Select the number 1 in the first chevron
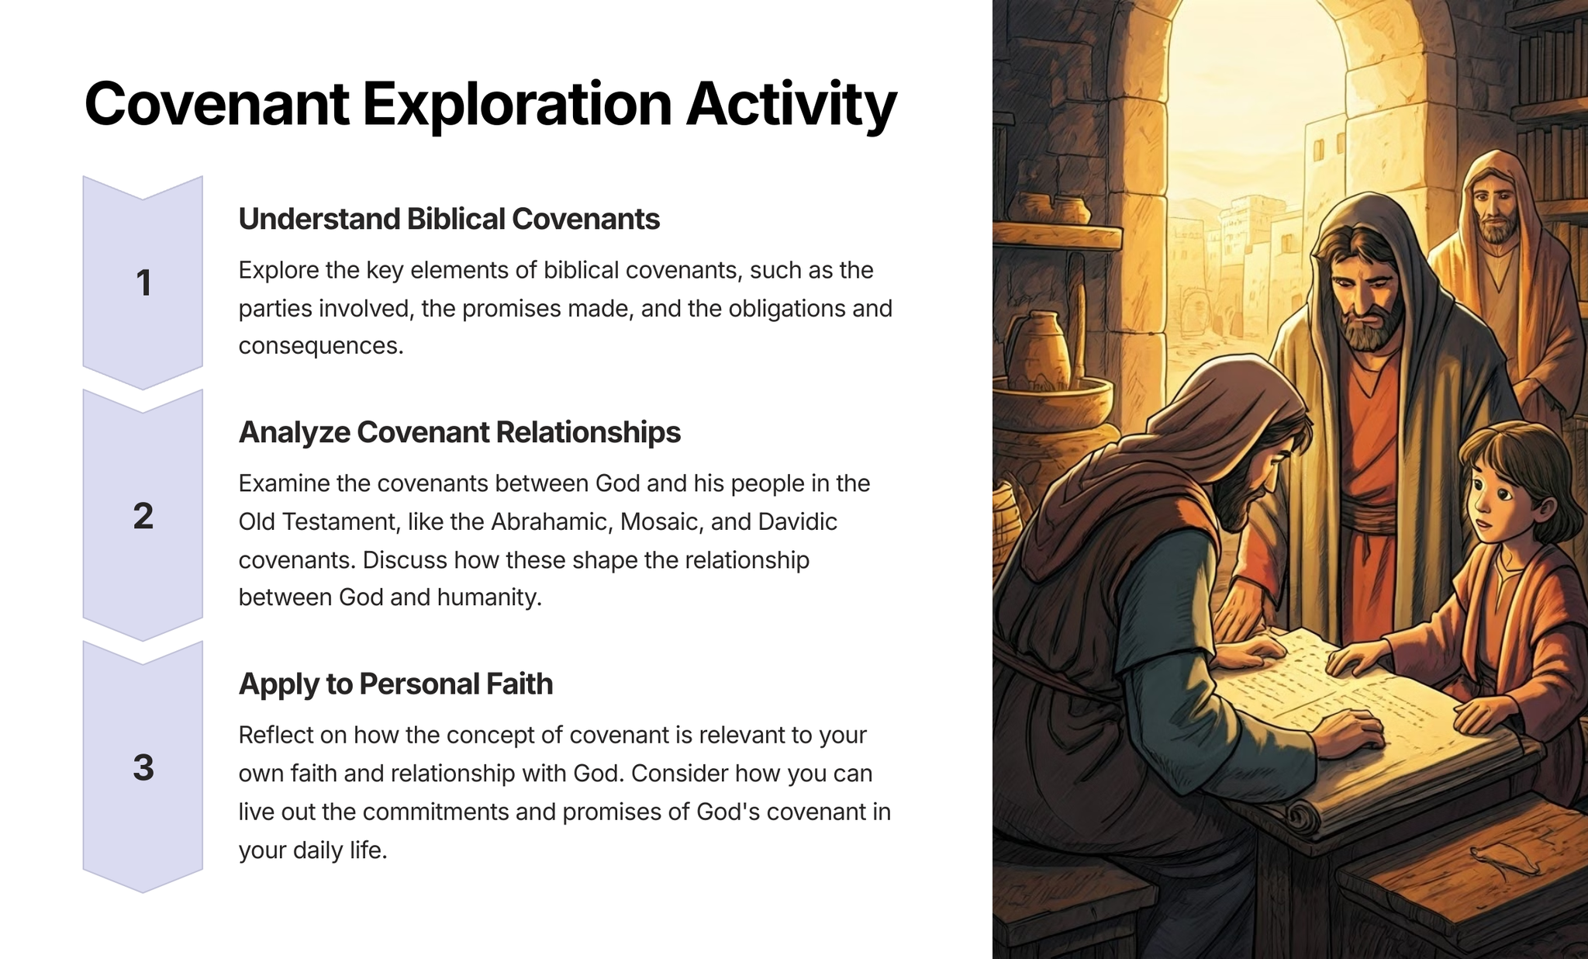point(143,282)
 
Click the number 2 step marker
point(143,516)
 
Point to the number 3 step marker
point(143,767)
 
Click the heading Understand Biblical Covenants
point(449,219)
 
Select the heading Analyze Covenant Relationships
point(459,432)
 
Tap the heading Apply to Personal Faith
point(395,684)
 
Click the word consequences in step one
point(321,346)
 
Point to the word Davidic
point(797,521)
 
